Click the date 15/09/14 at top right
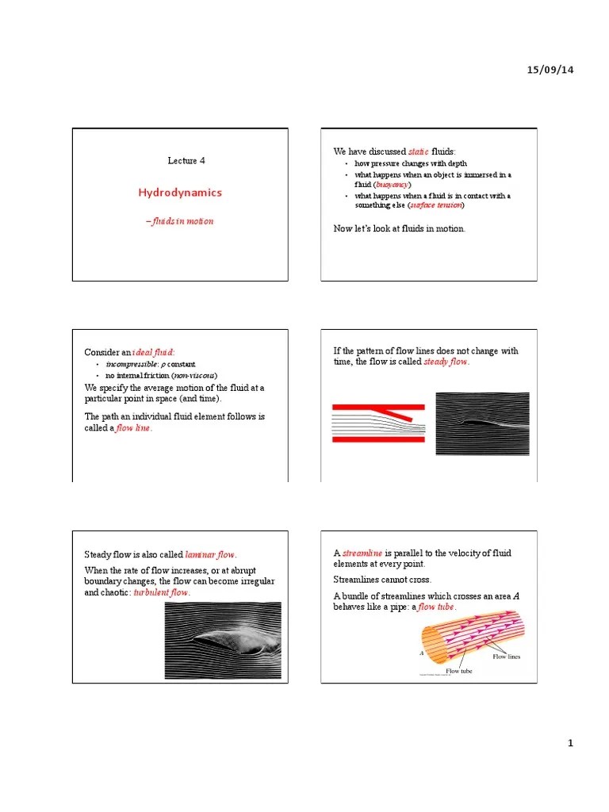(x=550, y=71)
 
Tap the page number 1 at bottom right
(x=569, y=742)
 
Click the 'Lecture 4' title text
(x=186, y=160)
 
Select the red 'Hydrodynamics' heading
(x=180, y=193)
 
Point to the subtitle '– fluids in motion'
(x=179, y=221)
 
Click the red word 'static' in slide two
(x=419, y=151)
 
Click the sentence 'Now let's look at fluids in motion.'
(x=400, y=229)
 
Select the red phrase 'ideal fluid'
(x=154, y=352)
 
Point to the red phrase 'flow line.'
(x=134, y=428)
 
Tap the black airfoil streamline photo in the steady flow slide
(x=482, y=424)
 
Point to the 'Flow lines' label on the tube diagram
(x=506, y=657)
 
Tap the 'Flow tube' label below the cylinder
(x=458, y=671)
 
